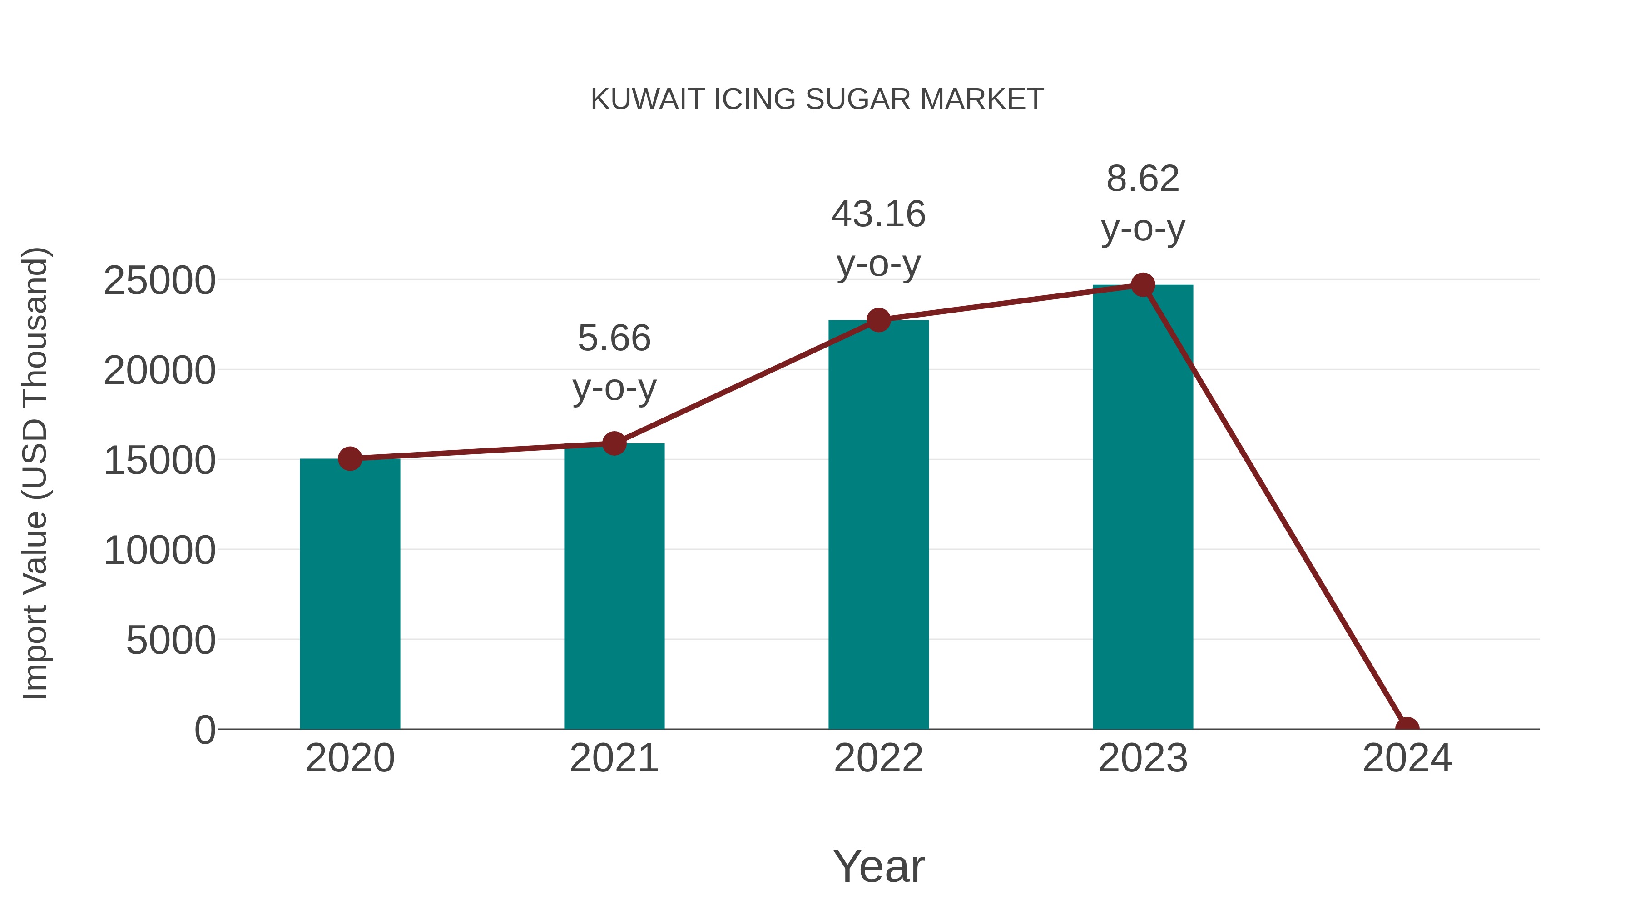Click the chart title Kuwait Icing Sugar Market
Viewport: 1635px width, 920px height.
(x=817, y=99)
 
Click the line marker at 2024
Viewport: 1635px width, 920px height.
(x=1407, y=728)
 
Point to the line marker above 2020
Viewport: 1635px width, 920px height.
(x=350, y=458)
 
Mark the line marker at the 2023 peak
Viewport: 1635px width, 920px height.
(x=1143, y=285)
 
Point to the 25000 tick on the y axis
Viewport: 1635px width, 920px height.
(x=159, y=281)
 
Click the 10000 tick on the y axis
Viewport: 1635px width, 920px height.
(x=159, y=551)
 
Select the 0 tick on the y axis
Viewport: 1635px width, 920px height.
(x=204, y=730)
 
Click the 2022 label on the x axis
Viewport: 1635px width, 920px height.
(x=878, y=758)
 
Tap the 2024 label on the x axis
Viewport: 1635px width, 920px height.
(x=1407, y=758)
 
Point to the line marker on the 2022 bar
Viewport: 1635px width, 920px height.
(x=878, y=320)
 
